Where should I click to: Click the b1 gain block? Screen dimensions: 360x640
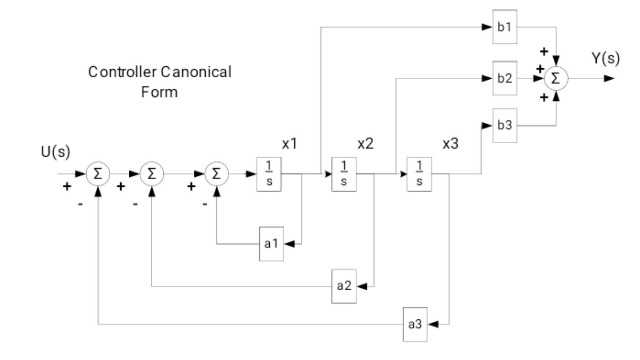coord(505,27)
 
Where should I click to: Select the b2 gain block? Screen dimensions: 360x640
coord(505,78)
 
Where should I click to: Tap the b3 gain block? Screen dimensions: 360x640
coord(505,125)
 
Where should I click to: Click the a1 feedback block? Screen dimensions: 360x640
coord(271,244)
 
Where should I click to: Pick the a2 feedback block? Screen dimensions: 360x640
coord(344,286)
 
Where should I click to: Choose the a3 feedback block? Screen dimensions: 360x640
coord(415,324)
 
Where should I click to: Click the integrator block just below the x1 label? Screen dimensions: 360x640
coord(269,174)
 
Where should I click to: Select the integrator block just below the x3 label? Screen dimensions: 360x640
coord(419,174)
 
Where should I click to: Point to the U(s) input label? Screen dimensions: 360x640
coord(55,151)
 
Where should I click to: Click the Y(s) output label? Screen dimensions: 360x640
coord(606,58)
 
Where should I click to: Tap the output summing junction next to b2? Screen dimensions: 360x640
coord(556,78)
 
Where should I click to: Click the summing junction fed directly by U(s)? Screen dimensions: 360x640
coord(98,174)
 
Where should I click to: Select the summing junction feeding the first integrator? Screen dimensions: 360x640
coord(216,174)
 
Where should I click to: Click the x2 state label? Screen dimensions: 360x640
coord(365,144)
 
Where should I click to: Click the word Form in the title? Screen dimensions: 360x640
coord(159,92)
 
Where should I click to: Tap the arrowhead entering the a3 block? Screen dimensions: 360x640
coord(433,324)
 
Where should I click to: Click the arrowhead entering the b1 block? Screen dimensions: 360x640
coord(487,27)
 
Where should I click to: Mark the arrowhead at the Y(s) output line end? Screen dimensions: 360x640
coord(609,78)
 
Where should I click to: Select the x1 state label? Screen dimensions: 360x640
coord(290,144)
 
